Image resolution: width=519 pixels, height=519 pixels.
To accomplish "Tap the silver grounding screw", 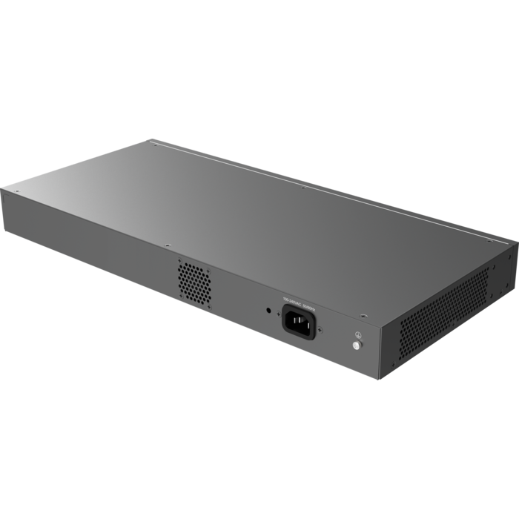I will coord(357,346).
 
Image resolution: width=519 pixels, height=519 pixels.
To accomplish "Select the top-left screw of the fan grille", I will coord(179,259).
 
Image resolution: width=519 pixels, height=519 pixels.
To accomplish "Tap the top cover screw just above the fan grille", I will coord(168,245).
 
